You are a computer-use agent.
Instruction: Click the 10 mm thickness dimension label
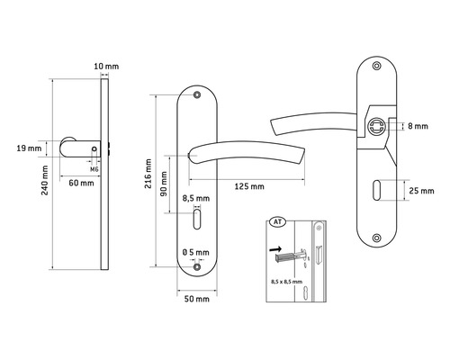(106, 67)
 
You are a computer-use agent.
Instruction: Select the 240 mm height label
(45, 180)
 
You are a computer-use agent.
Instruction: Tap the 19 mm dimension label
(29, 148)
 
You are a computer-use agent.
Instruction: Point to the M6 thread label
(94, 169)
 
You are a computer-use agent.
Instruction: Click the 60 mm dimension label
(81, 183)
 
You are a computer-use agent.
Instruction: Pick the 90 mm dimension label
(164, 184)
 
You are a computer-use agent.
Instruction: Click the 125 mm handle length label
(249, 186)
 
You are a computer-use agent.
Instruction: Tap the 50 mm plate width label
(197, 299)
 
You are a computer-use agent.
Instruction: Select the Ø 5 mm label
(196, 253)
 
